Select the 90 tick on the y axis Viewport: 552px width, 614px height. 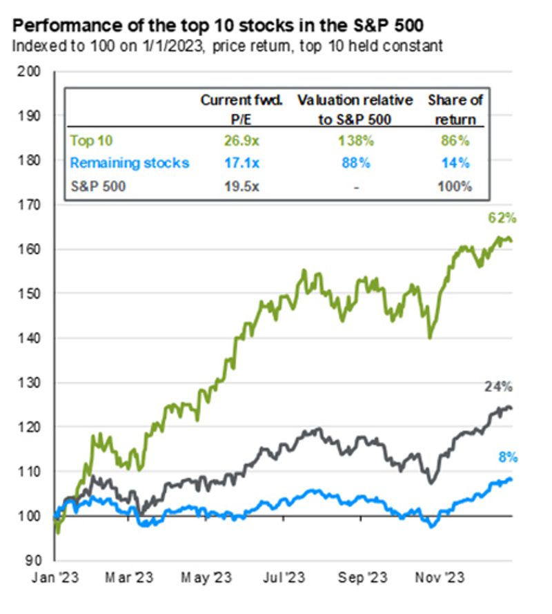coord(33,560)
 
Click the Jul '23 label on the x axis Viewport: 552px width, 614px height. coord(285,575)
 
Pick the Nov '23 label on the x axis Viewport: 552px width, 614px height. coord(441,575)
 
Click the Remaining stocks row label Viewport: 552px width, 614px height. coord(130,164)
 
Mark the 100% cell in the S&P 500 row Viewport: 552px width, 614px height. coord(456,186)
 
